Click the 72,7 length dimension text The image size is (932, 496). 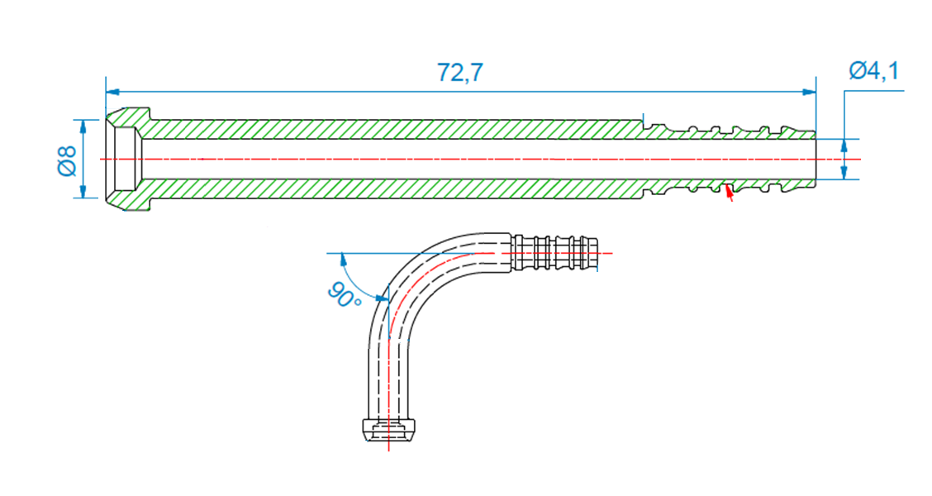[x=460, y=73]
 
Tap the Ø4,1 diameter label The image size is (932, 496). [x=873, y=71]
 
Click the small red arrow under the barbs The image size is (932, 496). [x=728, y=193]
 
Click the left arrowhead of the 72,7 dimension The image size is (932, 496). [x=112, y=91]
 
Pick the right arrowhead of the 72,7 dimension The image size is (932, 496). [x=811, y=91]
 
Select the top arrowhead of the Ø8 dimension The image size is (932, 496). [x=83, y=124]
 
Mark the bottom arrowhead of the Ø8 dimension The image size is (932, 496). [x=83, y=193]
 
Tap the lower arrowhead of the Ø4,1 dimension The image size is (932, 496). [x=844, y=174]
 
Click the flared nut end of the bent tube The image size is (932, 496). [x=388, y=431]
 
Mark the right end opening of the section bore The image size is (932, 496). [x=815, y=159]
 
